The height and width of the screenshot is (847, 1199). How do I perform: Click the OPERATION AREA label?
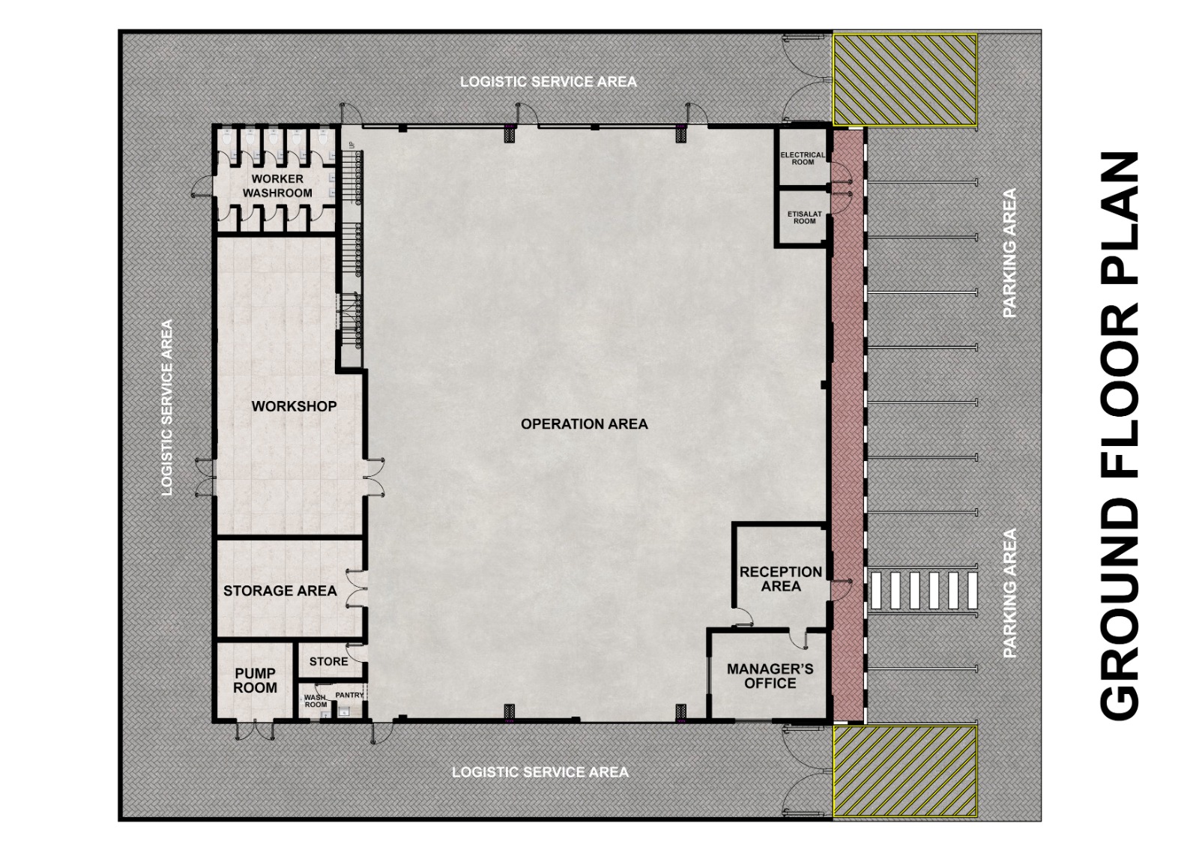click(584, 424)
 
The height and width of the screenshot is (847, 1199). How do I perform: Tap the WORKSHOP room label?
click(294, 406)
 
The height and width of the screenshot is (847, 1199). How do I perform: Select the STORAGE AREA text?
click(280, 591)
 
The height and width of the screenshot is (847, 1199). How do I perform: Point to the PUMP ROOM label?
click(256, 681)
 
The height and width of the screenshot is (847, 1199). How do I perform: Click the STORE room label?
click(329, 661)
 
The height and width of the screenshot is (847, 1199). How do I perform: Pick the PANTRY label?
click(349, 695)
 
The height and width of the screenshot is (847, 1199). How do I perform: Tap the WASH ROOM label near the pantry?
click(315, 701)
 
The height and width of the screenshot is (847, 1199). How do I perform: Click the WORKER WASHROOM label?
click(277, 186)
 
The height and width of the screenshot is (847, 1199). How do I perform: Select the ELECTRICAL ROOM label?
click(803, 158)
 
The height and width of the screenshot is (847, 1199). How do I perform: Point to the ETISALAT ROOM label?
click(804, 217)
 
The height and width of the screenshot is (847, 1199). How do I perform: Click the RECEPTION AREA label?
click(780, 579)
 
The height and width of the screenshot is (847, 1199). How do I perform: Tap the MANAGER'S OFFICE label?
click(770, 675)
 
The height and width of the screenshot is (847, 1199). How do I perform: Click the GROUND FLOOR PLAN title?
click(1119, 435)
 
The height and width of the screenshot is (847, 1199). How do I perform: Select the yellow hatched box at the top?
click(904, 79)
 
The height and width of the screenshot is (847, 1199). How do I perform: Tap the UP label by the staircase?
click(351, 145)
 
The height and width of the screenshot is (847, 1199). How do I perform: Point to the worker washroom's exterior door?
click(202, 186)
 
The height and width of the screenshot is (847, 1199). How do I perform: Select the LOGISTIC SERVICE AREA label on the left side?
click(167, 408)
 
